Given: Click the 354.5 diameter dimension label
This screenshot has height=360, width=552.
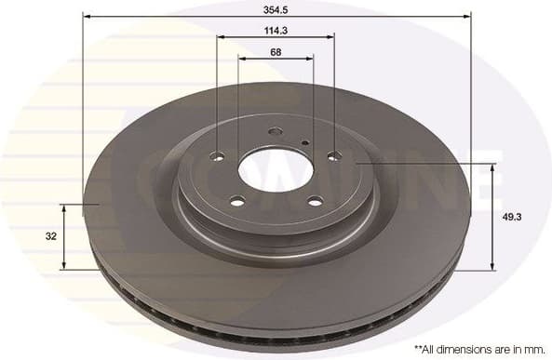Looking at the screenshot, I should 276,8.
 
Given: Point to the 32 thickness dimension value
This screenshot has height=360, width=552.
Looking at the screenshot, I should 51,236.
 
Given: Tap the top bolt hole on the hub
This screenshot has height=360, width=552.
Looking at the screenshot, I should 275,131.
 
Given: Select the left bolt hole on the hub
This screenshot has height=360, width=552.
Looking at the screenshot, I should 218,156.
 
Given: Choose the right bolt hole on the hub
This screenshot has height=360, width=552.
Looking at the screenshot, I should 333,156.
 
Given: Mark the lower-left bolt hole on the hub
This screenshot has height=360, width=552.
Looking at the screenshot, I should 236,201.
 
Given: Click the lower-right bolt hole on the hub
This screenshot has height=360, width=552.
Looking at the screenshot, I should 315,201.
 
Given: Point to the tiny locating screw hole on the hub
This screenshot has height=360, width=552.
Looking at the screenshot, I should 305,141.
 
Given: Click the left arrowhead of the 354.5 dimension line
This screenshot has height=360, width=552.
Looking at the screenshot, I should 86,16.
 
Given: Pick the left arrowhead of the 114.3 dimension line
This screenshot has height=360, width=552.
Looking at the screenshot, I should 221,37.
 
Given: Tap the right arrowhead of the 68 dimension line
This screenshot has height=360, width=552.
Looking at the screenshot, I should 310,59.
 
